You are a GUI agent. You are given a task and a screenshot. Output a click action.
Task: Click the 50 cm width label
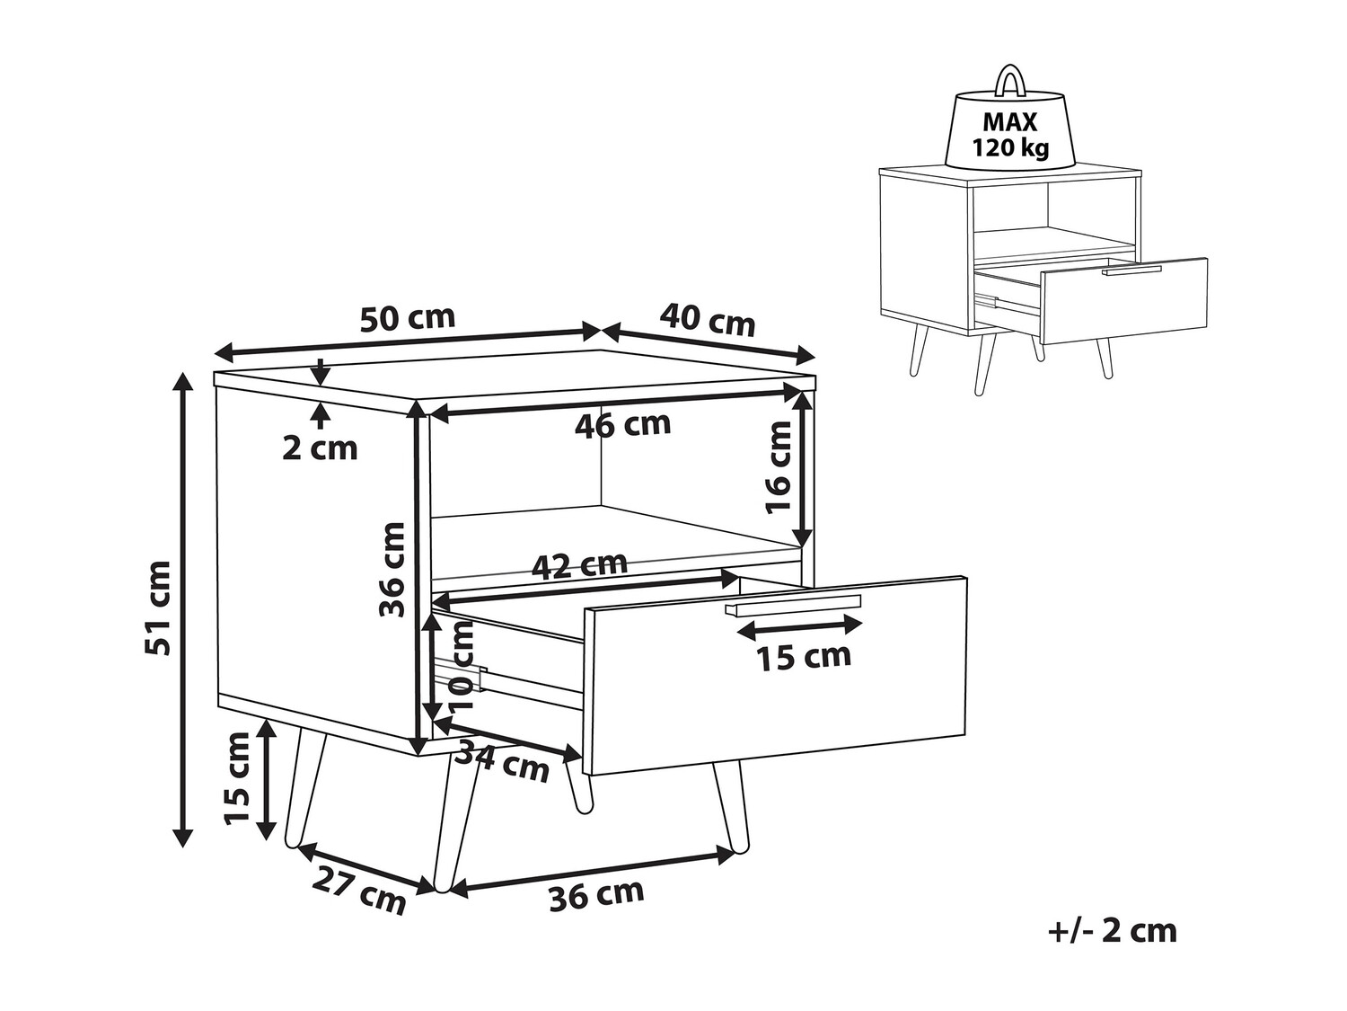click(x=408, y=318)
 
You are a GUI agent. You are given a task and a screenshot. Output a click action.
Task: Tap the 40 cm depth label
click(x=708, y=319)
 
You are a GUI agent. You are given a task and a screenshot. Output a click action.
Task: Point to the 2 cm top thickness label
click(x=320, y=447)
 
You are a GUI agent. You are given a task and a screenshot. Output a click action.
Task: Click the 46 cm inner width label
click(x=623, y=424)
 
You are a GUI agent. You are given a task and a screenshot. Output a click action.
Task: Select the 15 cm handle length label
click(x=803, y=657)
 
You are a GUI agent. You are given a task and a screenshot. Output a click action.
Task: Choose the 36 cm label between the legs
click(x=597, y=895)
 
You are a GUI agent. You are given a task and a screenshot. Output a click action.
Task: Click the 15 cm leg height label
click(x=237, y=778)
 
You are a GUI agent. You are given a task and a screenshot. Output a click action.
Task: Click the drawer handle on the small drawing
click(x=1132, y=269)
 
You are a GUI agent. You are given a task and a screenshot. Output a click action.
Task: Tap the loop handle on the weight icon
click(x=1010, y=79)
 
